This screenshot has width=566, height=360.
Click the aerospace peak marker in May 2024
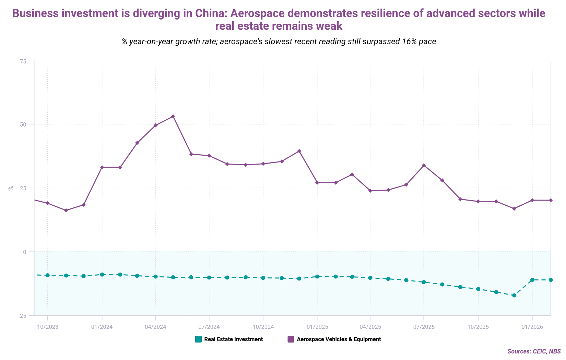[173, 117]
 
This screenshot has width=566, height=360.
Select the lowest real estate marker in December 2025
[514, 295]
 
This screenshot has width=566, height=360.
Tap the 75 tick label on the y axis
[23, 61]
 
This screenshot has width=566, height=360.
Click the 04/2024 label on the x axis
[155, 327]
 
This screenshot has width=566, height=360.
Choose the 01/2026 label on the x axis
[532, 327]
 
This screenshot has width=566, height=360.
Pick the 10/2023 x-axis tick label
[48, 327]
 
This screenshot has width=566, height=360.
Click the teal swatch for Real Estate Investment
[198, 339]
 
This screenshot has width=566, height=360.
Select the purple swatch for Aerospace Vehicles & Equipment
[291, 339]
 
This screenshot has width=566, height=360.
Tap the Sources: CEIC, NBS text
[534, 351]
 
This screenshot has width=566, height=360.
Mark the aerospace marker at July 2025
[424, 165]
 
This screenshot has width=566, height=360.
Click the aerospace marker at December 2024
[299, 151]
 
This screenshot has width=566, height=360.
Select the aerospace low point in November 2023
[66, 210]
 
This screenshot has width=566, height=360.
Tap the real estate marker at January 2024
[102, 275]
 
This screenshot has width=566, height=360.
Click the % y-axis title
[11, 188]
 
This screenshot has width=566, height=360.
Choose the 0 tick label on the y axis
[25, 252]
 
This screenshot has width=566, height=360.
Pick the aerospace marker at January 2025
[317, 183]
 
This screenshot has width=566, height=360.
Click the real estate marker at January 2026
[532, 280]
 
